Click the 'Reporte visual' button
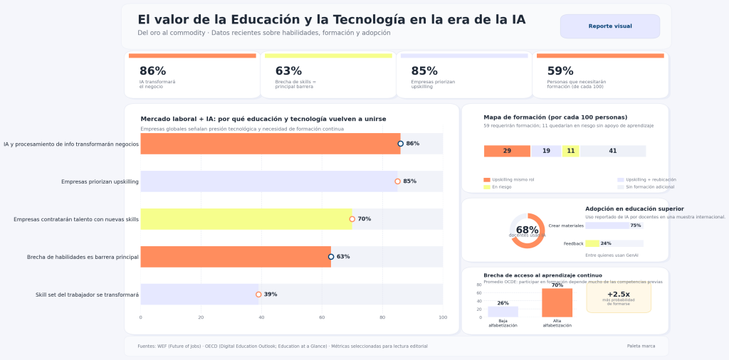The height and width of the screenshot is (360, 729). coord(609,26)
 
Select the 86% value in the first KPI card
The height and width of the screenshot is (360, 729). coord(152,71)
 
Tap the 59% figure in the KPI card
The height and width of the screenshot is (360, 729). coord(560,71)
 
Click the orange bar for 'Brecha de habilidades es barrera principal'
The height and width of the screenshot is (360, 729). coord(236,257)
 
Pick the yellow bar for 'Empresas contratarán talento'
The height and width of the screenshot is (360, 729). coord(246,219)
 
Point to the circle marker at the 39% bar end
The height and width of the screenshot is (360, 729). coord(258,295)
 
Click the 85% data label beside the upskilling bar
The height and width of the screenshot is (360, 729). coord(409,181)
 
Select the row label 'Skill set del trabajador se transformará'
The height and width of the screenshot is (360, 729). coord(87,295)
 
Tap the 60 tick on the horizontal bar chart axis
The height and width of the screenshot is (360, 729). coord(322,317)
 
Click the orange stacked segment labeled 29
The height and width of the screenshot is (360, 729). coord(507,151)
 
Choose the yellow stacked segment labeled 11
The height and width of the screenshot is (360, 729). coord(570,151)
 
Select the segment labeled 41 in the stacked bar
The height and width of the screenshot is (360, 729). coord(613,151)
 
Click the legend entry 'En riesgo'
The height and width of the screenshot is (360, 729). coord(503,187)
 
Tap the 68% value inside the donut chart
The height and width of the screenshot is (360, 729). coord(527,230)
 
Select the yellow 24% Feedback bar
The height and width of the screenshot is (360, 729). coord(592,243)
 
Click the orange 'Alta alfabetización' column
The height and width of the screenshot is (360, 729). coord(557,302)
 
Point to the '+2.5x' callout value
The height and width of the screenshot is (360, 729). coord(618,294)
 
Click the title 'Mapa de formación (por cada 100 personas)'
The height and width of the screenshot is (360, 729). coord(555,117)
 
